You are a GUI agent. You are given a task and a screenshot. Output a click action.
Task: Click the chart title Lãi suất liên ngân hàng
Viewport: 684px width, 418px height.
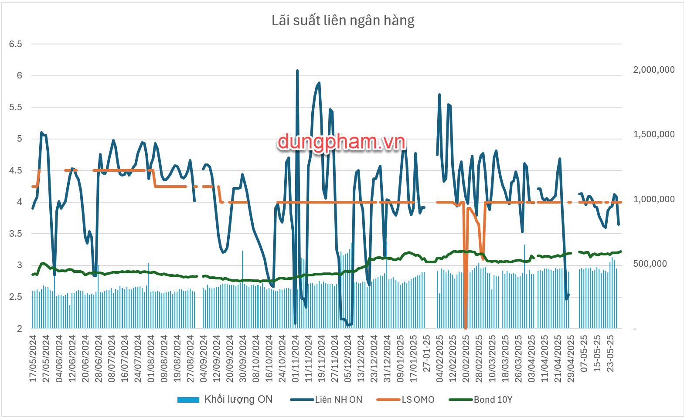pos(343,20)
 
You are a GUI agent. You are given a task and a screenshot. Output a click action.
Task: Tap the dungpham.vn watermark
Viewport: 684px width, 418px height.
pos(341,142)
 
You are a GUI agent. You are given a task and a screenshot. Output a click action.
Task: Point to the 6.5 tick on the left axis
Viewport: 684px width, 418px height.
pos(16,44)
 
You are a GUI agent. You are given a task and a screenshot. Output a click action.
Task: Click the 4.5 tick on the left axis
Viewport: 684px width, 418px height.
pos(16,170)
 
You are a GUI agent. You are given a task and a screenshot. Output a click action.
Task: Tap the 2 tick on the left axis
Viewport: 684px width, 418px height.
pos(19,329)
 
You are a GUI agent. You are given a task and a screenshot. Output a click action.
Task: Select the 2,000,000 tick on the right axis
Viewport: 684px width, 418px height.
pos(653,70)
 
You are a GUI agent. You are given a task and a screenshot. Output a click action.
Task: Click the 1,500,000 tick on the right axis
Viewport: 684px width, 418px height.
pos(653,134)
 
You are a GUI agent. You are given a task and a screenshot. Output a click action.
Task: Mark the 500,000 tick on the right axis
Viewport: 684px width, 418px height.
pos(650,264)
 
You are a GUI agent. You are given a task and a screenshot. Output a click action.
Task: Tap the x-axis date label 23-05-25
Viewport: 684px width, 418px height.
pos(610,353)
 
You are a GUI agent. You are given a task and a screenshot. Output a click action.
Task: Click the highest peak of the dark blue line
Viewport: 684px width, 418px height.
pos(297,71)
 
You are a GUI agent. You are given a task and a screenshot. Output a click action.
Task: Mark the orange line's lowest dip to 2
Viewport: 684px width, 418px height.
pos(466,327)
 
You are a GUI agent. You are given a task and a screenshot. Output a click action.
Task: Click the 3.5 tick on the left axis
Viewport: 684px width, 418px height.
pos(16,234)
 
